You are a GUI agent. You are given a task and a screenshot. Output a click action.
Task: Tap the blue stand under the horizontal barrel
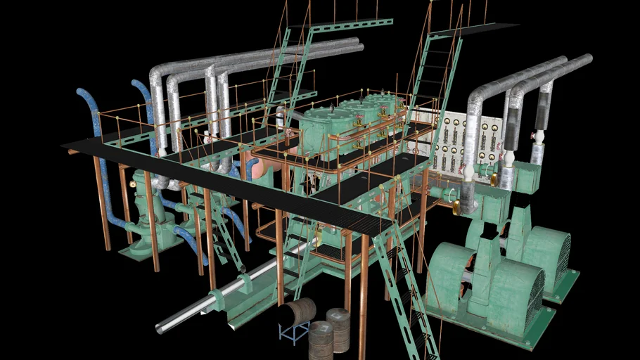(293, 332)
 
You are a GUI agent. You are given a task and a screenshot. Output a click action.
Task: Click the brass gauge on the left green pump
(133, 184)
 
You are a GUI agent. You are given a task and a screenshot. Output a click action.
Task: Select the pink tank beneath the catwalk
(265, 167)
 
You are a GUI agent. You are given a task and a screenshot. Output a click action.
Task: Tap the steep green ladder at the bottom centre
(404, 295)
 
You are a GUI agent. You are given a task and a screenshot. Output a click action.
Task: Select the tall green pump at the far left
(144, 218)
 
